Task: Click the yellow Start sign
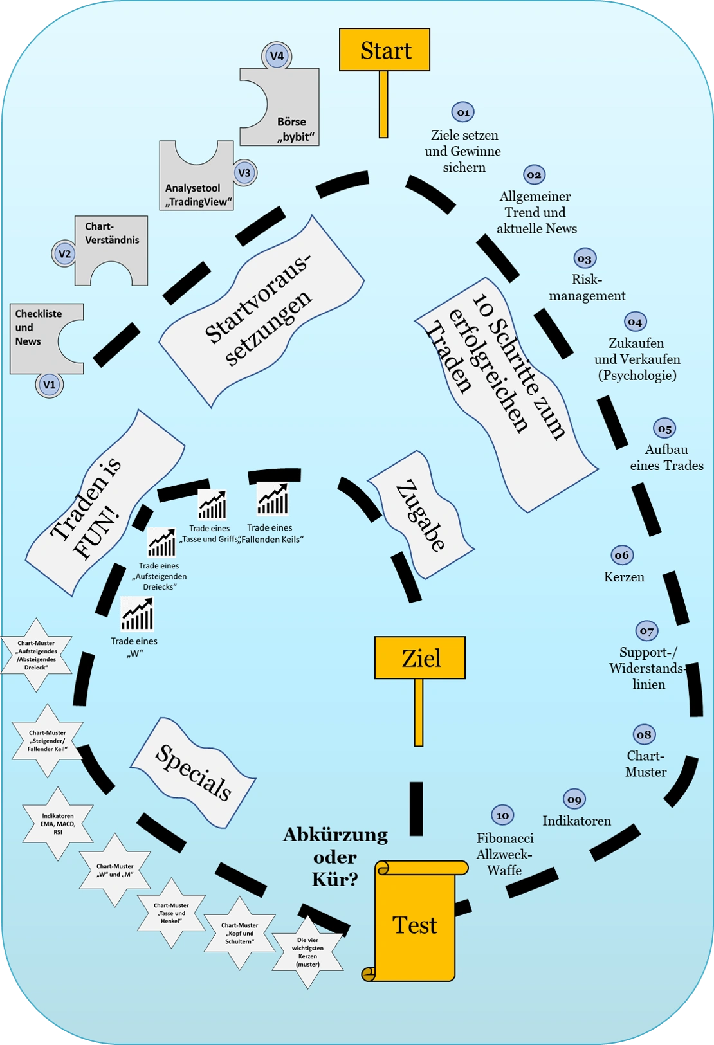click(384, 50)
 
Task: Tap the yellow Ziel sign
click(419, 658)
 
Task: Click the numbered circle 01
click(463, 112)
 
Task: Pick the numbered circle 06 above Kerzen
click(622, 555)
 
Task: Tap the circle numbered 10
click(502, 815)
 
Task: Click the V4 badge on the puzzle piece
click(277, 56)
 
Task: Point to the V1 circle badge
click(49, 385)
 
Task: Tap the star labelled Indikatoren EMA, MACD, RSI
click(58, 824)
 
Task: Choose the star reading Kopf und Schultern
click(239, 933)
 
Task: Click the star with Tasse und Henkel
click(171, 913)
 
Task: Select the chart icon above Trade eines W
click(137, 613)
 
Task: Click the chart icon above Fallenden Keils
click(273, 499)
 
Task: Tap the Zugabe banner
click(421, 515)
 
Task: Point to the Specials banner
click(193, 772)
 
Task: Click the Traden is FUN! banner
click(105, 503)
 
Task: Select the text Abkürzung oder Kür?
click(335, 857)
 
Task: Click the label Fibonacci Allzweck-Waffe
click(504, 854)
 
